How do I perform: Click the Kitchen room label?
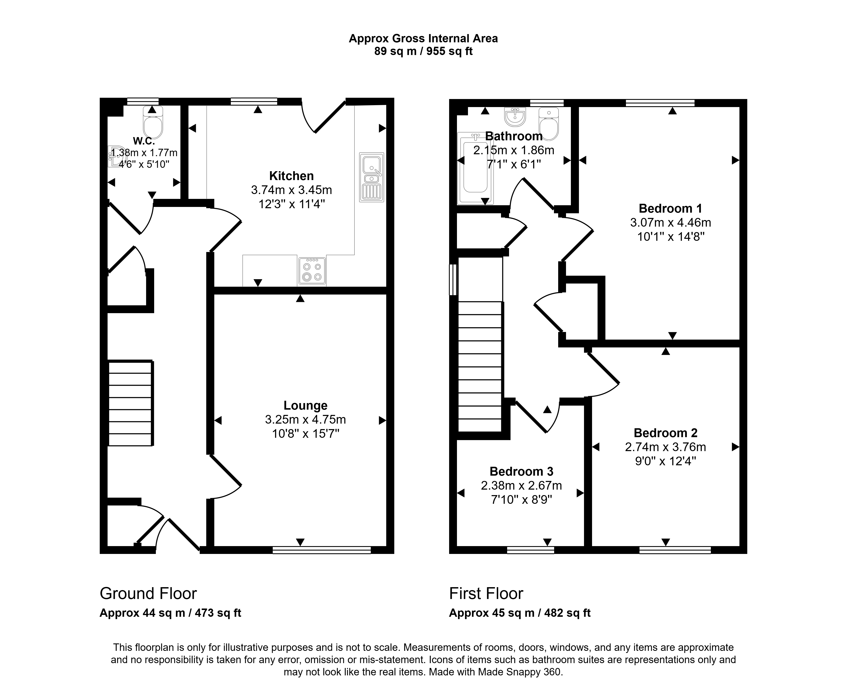[291, 176]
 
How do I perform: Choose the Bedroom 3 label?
[521, 471]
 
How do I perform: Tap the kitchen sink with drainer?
[372, 177]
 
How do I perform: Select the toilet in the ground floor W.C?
[153, 122]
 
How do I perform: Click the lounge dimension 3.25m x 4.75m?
[305, 420]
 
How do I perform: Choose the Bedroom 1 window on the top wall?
[660, 103]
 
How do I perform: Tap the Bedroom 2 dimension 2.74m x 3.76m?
[665, 447]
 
